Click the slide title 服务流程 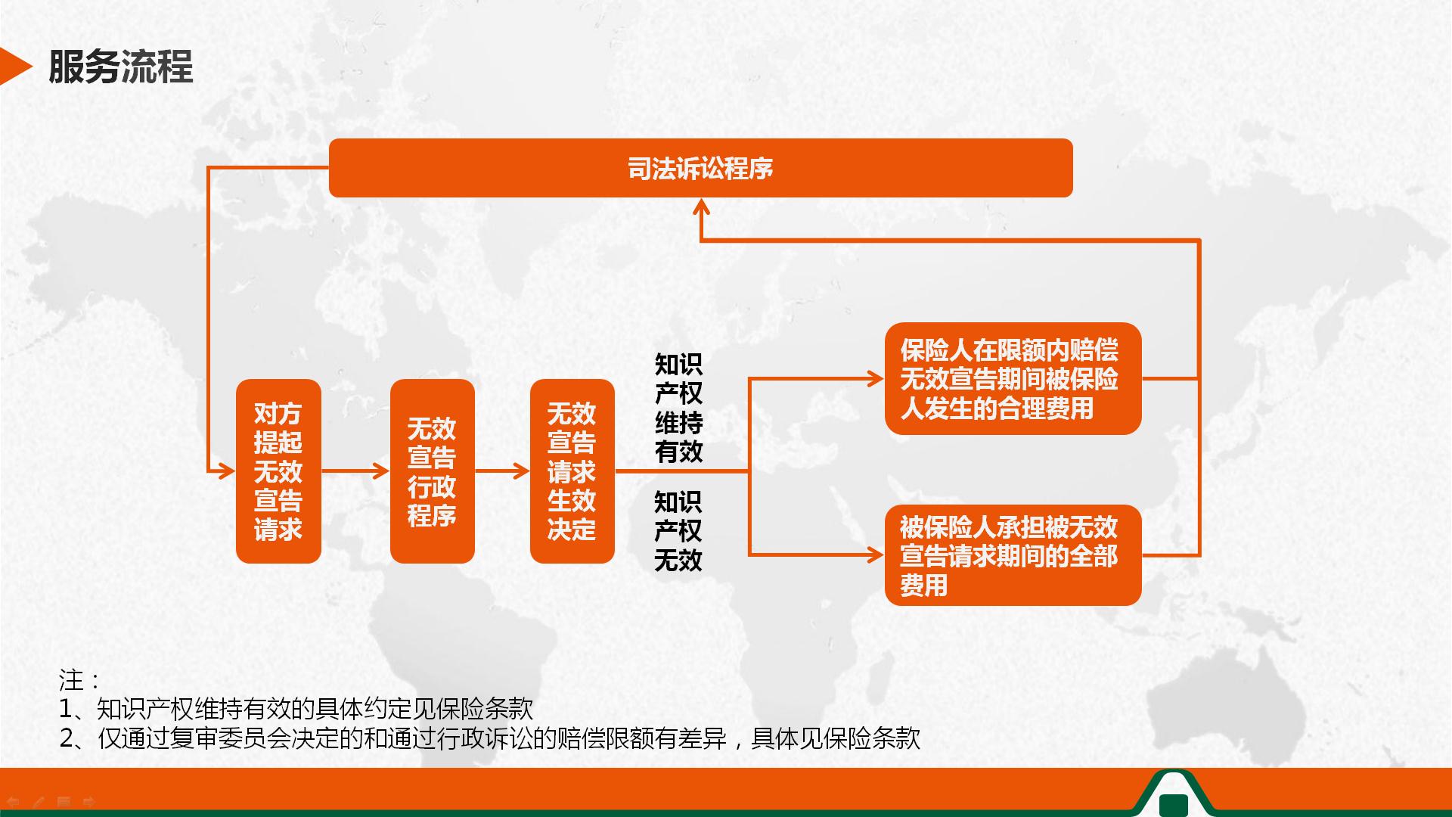(121, 67)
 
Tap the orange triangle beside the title (15, 67)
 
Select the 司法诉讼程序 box (700, 168)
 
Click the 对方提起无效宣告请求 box (278, 471)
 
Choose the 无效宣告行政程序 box (433, 471)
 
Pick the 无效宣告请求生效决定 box (572, 471)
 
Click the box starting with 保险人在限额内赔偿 (1013, 378)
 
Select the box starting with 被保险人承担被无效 (1013, 555)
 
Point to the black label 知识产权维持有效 (678, 408)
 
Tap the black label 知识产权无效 (678, 530)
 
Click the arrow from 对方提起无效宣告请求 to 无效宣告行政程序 (355, 471)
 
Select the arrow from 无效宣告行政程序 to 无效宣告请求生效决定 (502, 471)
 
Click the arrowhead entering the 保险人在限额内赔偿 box (876, 378)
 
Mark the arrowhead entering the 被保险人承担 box (876, 555)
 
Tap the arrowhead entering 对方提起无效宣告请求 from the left (227, 471)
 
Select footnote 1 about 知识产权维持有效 (296, 709)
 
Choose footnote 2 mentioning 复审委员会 (490, 738)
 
